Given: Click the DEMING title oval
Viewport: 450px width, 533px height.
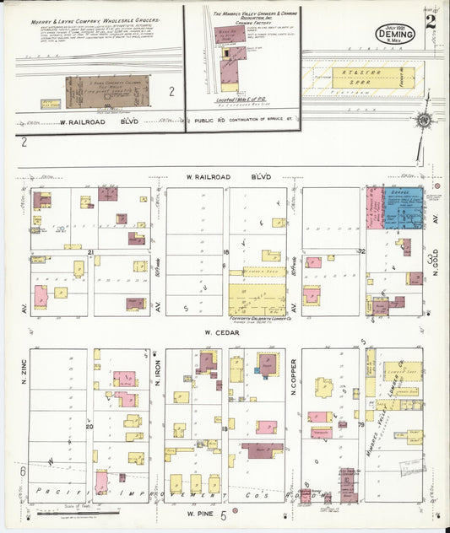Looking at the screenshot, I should click(395, 35).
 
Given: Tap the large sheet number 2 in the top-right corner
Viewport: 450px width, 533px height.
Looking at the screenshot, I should click(431, 21).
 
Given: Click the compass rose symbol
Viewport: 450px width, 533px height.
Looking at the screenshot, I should click(422, 120).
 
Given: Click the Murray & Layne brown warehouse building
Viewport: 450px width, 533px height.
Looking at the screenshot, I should click(107, 89).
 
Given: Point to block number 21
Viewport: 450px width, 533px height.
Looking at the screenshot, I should click(89, 250).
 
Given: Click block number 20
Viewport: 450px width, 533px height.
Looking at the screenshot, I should click(89, 427).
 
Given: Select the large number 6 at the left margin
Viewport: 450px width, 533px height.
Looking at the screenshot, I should click(23, 471).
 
